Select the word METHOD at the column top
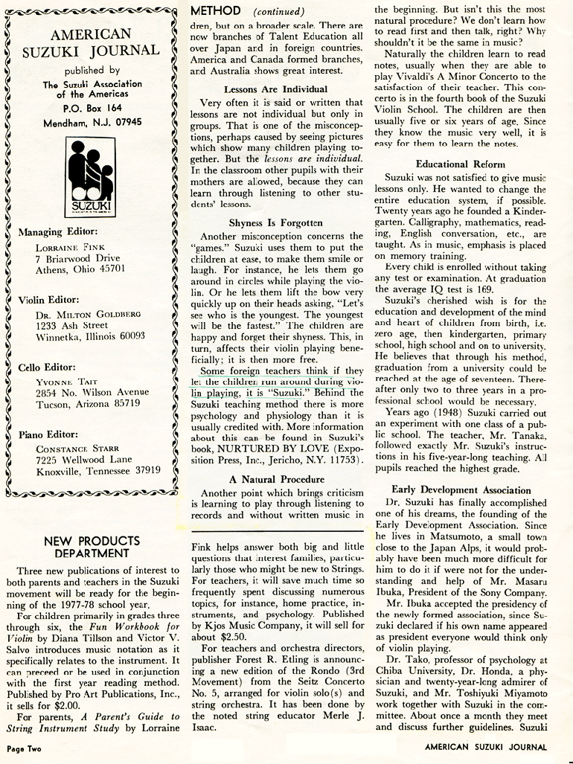point(216,11)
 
